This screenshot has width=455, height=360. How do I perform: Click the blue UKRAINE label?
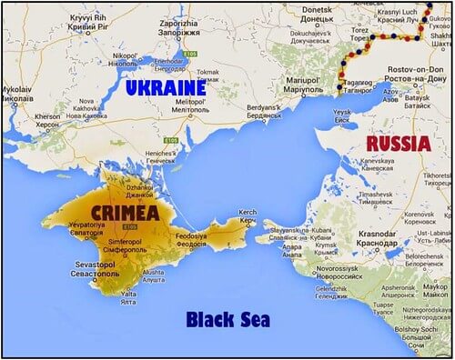[166, 89]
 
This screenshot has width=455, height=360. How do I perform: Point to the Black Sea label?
[227, 319]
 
